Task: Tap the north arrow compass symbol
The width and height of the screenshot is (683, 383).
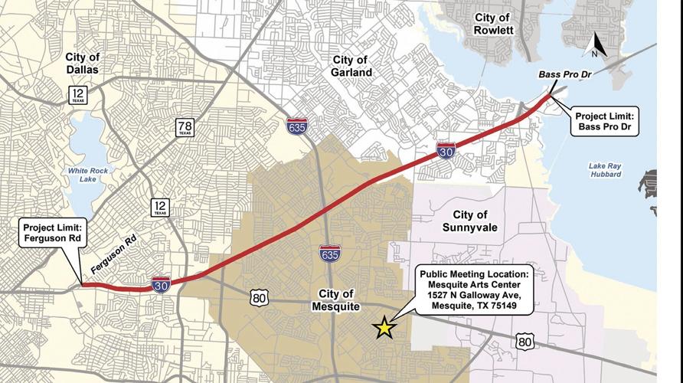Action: pyautogui.click(x=595, y=47)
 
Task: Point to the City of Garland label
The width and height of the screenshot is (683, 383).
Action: pyautogui.click(x=351, y=66)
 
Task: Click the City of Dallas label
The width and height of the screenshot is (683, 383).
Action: pyautogui.click(x=83, y=64)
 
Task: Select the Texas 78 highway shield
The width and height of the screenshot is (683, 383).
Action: pyautogui.click(x=184, y=127)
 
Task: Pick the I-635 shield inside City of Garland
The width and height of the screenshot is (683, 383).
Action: pyautogui.click(x=297, y=126)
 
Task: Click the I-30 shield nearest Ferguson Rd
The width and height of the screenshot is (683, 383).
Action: pyautogui.click(x=161, y=284)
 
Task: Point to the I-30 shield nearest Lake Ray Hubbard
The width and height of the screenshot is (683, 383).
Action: pyautogui.click(x=446, y=150)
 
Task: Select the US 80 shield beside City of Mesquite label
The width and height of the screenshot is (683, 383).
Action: pyautogui.click(x=257, y=296)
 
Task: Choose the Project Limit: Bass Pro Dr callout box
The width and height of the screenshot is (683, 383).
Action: pyautogui.click(x=606, y=123)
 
